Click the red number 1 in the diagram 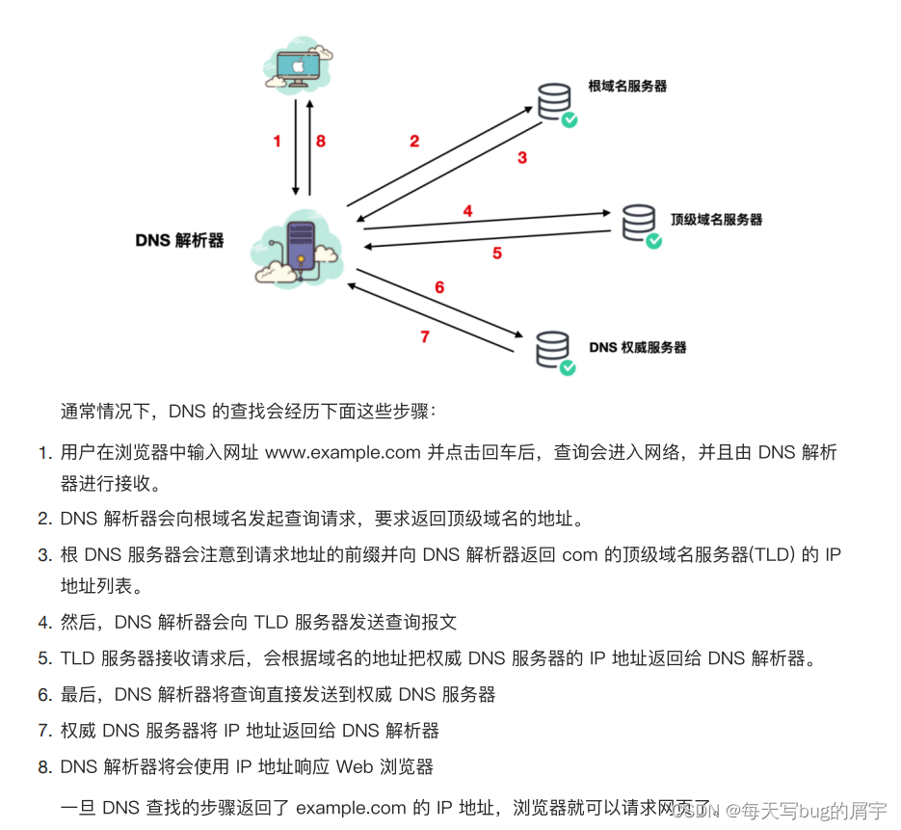(277, 141)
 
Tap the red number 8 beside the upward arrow (321, 141)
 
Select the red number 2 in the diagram (414, 141)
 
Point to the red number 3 (522, 157)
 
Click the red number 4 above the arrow (467, 211)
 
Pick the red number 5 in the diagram (497, 254)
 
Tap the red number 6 (439, 287)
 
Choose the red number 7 (425, 336)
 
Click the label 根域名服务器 (627, 86)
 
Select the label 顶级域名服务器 (716, 219)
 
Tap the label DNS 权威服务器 (638, 347)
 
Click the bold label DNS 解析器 (179, 240)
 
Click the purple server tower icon (301, 247)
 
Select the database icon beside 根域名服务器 (554, 99)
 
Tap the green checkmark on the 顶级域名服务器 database (654, 240)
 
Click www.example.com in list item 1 (342, 452)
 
